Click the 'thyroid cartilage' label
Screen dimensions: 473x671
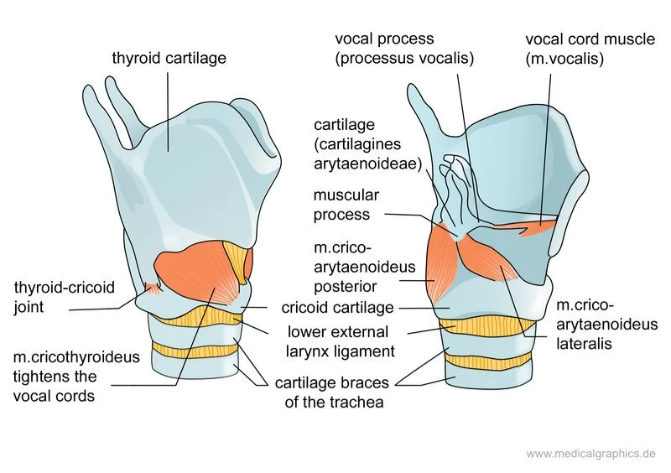click(169, 59)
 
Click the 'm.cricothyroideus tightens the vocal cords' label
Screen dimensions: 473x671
click(66, 377)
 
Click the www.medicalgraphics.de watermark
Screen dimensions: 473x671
click(590, 454)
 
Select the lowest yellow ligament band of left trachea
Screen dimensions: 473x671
click(195, 350)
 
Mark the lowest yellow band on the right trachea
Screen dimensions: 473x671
click(489, 360)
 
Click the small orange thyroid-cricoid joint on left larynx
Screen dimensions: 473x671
click(153, 288)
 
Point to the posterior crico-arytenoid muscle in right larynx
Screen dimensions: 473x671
click(441, 264)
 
